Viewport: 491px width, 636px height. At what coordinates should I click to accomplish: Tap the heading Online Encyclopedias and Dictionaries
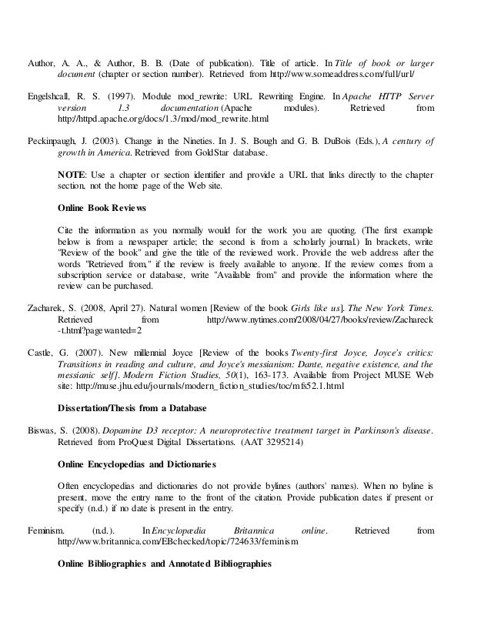(x=137, y=465)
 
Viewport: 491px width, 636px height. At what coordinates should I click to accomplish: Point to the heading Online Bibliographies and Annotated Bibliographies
(x=165, y=563)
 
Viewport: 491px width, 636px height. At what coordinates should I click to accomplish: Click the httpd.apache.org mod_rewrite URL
(x=164, y=121)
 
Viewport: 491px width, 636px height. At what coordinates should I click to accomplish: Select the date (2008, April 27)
(x=112, y=307)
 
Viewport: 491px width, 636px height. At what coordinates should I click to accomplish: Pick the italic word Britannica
(x=249, y=531)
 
